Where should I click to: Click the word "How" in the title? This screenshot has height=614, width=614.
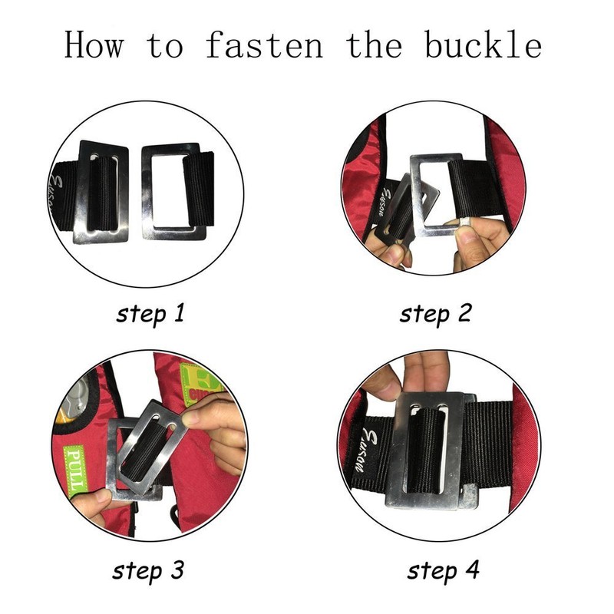(94, 45)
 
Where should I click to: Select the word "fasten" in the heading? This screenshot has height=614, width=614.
(264, 45)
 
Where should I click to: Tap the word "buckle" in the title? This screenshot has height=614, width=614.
(484, 45)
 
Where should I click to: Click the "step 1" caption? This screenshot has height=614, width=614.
(150, 315)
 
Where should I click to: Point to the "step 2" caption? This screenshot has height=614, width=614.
(435, 315)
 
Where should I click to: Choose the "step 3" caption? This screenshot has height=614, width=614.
(148, 571)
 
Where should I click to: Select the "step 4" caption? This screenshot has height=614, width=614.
(444, 571)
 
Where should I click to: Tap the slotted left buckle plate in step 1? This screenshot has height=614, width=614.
(101, 192)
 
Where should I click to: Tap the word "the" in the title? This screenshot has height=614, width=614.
(374, 45)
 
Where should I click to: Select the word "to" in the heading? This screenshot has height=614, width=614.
(165, 46)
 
